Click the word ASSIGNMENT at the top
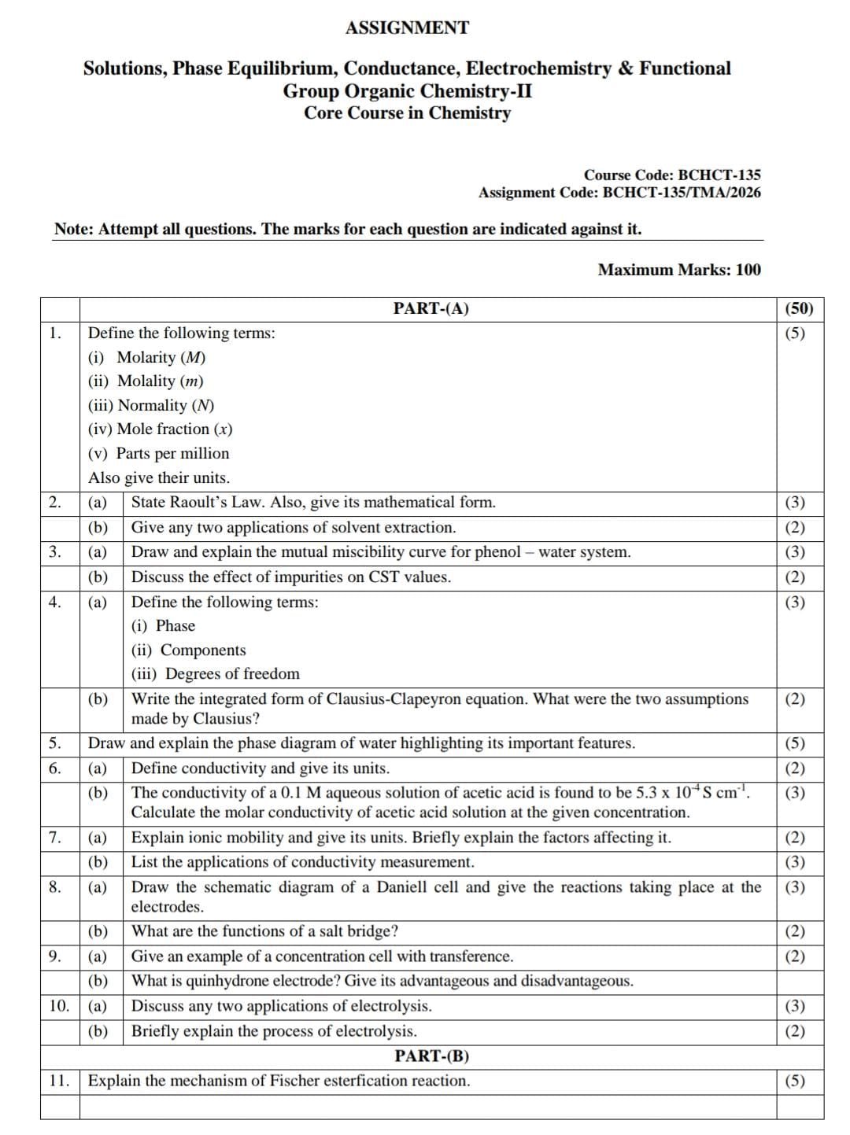coord(407,28)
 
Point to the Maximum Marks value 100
coord(748,270)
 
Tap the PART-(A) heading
coord(431,308)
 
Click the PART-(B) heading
coord(431,1056)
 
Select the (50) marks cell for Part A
coord(799,308)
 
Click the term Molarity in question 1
coord(146,357)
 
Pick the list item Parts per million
coord(172,454)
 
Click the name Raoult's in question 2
coord(198,503)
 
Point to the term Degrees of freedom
coord(232,674)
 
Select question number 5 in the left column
coord(55,743)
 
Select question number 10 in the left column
coord(59,1006)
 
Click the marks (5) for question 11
coord(795,1081)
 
